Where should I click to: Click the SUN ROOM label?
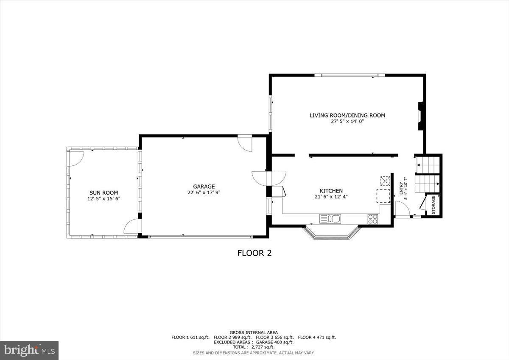[x=103, y=193]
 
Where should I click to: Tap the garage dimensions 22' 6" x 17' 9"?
[x=204, y=192]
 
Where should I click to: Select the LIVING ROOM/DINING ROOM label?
[x=347, y=115]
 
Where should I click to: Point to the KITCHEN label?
[x=331, y=191]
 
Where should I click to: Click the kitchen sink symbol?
[x=330, y=219]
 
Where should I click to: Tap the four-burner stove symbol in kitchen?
[x=373, y=219]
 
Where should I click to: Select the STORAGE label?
[x=433, y=204]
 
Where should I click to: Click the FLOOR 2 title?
[x=254, y=253]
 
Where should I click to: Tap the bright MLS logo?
[x=29, y=350]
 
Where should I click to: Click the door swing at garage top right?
[x=245, y=143]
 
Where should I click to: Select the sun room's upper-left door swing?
[x=76, y=158]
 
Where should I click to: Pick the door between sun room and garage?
[x=132, y=226]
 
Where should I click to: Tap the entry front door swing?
[x=402, y=209]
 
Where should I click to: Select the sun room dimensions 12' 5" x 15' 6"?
[x=103, y=198]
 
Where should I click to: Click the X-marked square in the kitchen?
[x=385, y=181]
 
